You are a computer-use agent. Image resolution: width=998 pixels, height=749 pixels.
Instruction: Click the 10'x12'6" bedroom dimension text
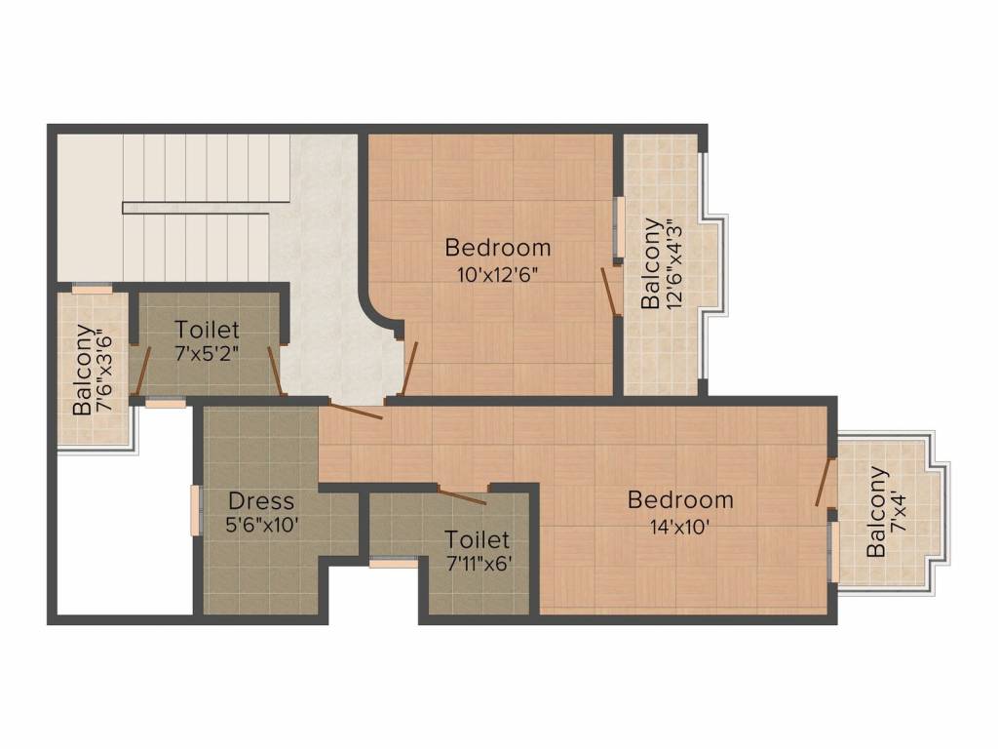(x=498, y=275)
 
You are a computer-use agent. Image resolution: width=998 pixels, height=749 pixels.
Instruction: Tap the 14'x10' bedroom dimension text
(x=679, y=528)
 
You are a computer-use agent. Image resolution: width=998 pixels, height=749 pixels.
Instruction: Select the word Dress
(x=261, y=500)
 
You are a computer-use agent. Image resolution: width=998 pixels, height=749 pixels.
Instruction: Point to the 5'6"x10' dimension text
(x=262, y=526)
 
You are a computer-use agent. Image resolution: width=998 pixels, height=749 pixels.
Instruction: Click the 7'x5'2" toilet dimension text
(x=207, y=353)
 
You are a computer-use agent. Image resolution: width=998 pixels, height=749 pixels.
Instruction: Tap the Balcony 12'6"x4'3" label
(x=661, y=263)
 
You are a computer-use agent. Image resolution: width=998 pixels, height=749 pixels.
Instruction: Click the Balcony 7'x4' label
(x=887, y=512)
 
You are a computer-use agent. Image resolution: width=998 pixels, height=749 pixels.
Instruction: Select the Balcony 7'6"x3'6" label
(x=93, y=370)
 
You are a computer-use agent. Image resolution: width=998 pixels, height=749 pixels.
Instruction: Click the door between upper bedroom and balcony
(x=610, y=291)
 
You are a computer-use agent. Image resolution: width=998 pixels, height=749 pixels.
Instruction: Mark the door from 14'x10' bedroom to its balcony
(x=825, y=482)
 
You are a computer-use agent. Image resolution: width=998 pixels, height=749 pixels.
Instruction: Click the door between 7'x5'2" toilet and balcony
(x=142, y=371)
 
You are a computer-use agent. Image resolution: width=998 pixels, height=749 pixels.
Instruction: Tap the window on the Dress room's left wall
(x=195, y=509)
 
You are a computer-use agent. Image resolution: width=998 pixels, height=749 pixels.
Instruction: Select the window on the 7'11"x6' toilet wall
(x=394, y=563)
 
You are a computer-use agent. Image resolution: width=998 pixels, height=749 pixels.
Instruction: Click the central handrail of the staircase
(x=206, y=209)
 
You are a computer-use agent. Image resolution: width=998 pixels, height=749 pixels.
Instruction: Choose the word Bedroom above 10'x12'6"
(x=498, y=247)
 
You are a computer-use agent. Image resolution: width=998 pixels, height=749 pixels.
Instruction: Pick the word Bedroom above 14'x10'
(x=680, y=500)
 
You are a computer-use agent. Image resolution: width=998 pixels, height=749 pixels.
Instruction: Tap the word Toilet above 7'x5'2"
(x=207, y=330)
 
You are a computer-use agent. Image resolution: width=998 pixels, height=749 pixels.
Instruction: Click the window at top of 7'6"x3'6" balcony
(x=92, y=290)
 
